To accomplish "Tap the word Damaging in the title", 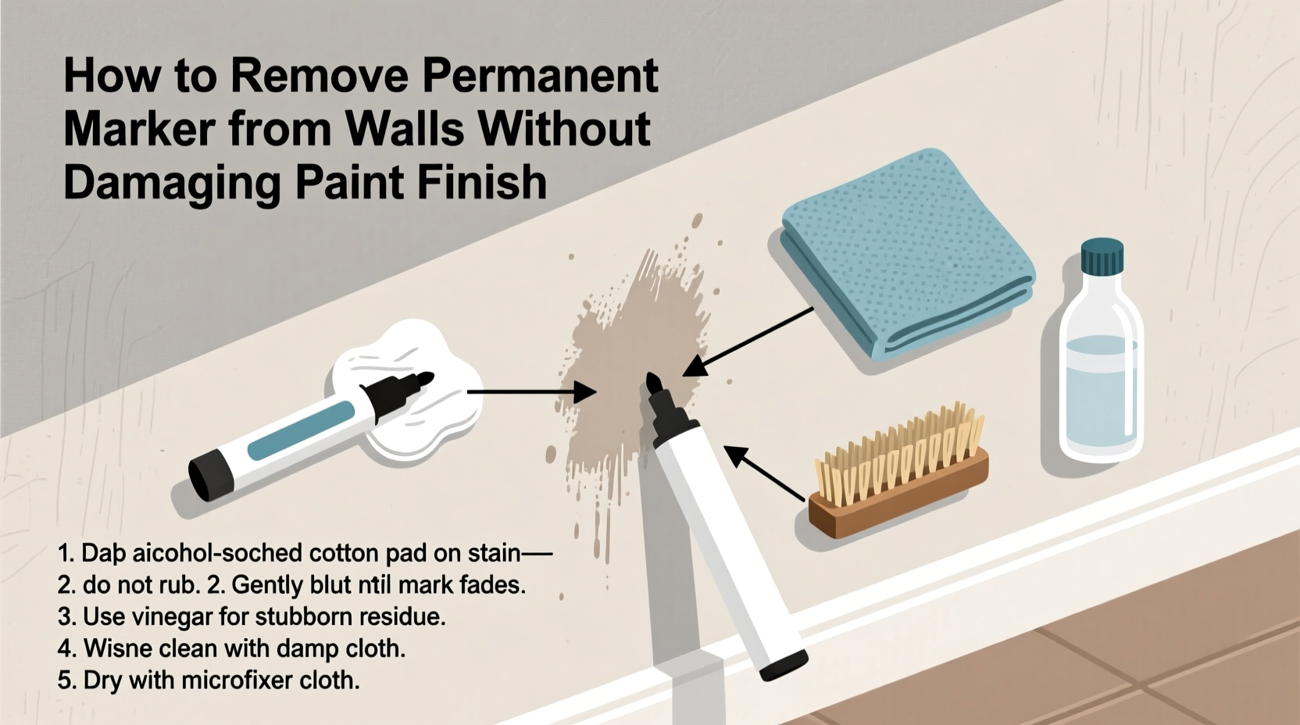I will tap(171, 183).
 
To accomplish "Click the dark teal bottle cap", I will tap(1102, 258).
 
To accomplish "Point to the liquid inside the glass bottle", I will tap(1101, 391).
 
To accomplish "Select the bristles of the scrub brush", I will tap(898, 453).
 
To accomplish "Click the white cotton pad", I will tap(406, 391).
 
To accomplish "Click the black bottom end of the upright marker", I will tap(784, 665).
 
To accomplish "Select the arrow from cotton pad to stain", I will tap(531, 391).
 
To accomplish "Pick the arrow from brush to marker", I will tap(766, 473).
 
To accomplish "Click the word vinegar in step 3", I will tap(170, 617).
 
